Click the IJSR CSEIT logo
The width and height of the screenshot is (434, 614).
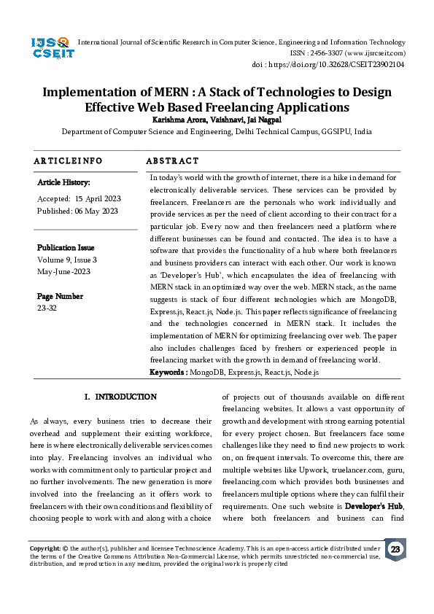coord(50,48)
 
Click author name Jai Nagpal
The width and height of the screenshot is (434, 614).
coord(257,120)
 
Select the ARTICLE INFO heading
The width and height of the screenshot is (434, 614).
coord(69,160)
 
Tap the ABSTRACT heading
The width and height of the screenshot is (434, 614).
coord(172,160)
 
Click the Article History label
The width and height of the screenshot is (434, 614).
coord(63,182)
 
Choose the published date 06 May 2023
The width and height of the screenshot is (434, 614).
coord(96,211)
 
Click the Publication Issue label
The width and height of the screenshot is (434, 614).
coord(66,248)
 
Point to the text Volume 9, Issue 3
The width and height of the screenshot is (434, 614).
coord(67,260)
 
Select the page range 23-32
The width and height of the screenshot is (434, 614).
coord(47,308)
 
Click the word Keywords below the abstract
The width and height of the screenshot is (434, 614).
coord(167,372)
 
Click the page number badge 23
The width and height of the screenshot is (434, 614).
coord(395,549)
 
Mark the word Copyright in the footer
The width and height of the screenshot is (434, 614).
coord(44,547)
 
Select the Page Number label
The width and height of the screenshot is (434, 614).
coord(60,296)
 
